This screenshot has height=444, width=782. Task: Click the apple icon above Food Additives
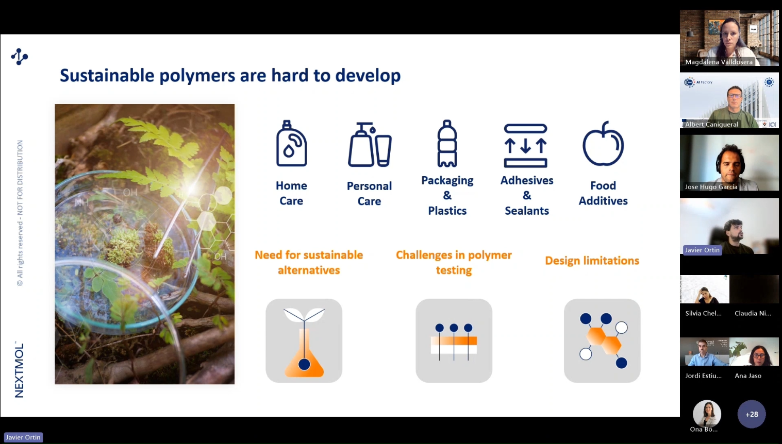tap(603, 144)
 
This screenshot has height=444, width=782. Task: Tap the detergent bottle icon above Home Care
tap(291, 143)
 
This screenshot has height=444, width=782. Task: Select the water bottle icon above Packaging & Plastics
tap(447, 143)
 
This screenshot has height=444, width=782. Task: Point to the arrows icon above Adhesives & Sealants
tap(525, 146)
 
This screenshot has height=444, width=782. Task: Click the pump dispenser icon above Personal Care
tap(370, 144)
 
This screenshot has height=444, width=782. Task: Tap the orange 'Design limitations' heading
tap(592, 261)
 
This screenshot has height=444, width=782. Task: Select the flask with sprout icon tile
tap(304, 340)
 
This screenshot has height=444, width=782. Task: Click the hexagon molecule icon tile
tap(602, 340)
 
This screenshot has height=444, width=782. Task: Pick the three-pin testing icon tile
tap(454, 340)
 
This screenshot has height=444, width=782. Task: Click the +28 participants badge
tap(752, 414)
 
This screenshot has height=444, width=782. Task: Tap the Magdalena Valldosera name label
tap(719, 62)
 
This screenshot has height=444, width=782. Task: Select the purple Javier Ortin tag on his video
tap(702, 250)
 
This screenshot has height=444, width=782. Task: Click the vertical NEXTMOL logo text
tap(19, 369)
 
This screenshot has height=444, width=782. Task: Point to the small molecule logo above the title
tap(20, 57)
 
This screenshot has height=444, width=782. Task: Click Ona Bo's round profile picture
tap(707, 414)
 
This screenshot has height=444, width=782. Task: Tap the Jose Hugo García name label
tap(711, 187)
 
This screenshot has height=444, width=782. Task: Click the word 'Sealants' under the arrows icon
tap(527, 211)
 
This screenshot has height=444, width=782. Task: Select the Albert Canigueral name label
tap(711, 125)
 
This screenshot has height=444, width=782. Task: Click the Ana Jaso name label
tap(748, 375)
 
